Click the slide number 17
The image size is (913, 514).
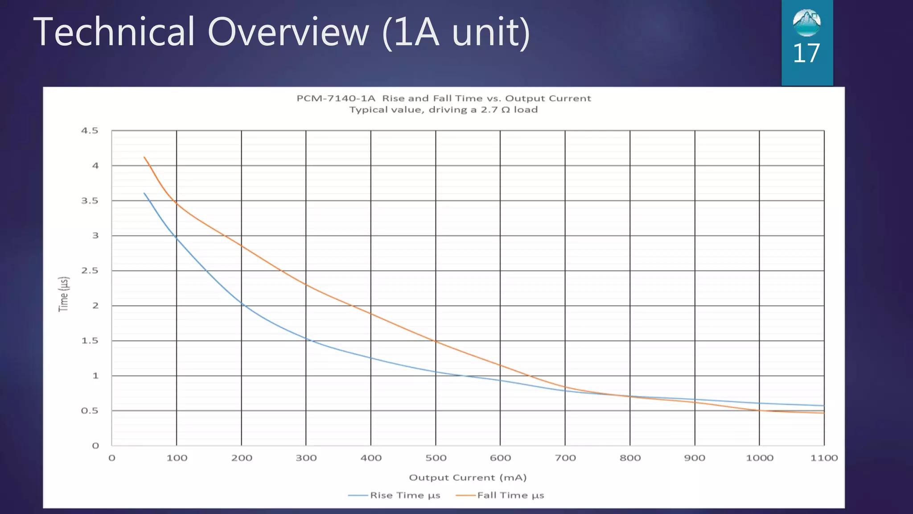coord(806,54)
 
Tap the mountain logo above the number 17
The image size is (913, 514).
coord(806,23)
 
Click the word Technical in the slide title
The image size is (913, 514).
coord(114,32)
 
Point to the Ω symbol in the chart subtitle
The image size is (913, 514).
coord(506,110)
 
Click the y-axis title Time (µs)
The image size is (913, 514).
coord(64,294)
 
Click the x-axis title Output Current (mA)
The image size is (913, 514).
coord(468,477)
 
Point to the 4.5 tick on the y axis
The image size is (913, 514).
coord(89,131)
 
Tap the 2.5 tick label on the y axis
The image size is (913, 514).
coord(89,271)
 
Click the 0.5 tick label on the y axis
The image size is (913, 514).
coord(89,411)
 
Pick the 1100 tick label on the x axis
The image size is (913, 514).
coord(824,458)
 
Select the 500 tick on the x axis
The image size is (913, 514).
coord(436,458)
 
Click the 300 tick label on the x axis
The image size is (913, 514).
coord(306,458)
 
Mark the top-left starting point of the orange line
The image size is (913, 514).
coord(144,157)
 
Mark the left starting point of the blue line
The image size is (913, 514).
coord(144,193)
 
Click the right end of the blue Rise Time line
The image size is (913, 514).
coord(824,406)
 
